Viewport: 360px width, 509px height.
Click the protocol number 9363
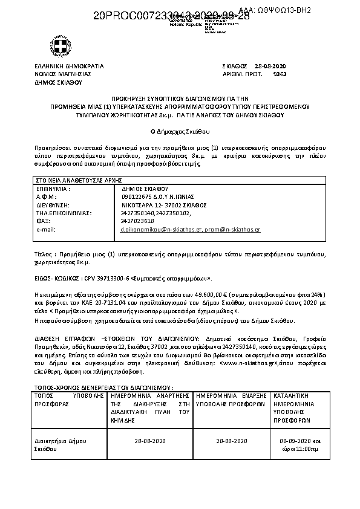pos(280,73)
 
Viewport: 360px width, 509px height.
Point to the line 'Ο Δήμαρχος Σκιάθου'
pos(180,131)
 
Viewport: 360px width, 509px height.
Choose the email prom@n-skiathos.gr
pos(232,230)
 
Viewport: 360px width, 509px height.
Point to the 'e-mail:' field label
pos(46,230)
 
